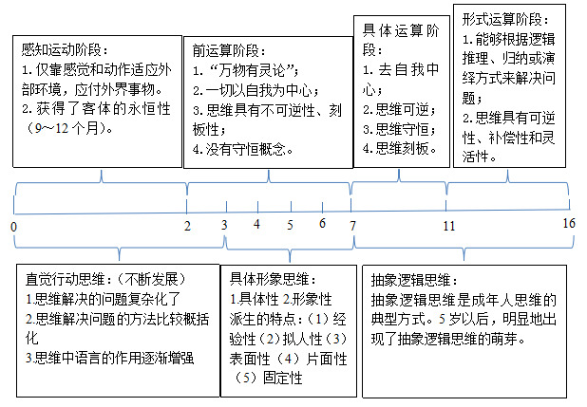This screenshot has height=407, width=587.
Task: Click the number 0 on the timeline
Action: click(14, 227)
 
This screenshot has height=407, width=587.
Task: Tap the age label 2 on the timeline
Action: click(187, 226)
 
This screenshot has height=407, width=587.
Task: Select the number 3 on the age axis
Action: click(224, 225)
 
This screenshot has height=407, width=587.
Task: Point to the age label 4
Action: click(256, 224)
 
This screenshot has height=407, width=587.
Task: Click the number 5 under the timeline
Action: click(290, 225)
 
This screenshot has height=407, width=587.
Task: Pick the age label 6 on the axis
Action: click(322, 223)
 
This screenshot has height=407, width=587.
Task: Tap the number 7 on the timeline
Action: click(352, 226)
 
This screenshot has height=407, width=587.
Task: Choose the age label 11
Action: click(449, 226)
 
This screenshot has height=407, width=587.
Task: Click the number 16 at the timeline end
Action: click(569, 223)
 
